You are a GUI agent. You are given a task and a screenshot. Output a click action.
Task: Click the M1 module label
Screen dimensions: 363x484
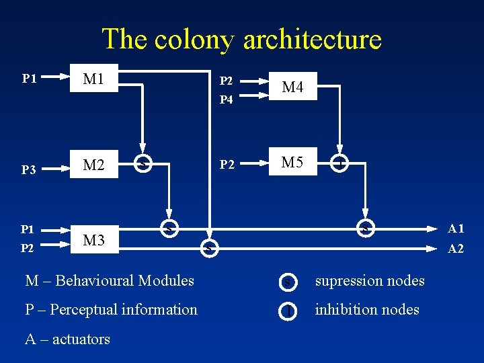click(93, 79)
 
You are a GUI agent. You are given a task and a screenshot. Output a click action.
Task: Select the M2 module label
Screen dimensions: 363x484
click(93, 165)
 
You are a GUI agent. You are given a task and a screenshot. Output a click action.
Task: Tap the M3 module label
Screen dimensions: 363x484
click(93, 239)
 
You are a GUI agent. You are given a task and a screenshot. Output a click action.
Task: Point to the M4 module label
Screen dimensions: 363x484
click(292, 87)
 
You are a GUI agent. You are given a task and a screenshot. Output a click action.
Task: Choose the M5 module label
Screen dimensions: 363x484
click(292, 163)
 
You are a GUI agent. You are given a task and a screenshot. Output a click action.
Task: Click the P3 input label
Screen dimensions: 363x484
click(28, 170)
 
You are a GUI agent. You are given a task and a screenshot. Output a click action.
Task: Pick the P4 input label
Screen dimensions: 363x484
click(226, 99)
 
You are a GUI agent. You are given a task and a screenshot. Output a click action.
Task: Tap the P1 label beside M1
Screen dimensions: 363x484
click(28, 79)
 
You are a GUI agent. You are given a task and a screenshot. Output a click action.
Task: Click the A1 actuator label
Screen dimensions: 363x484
click(456, 229)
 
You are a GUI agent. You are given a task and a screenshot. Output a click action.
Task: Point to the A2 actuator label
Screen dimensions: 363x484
click(456, 249)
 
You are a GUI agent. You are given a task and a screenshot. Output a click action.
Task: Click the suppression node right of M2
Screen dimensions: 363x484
click(142, 164)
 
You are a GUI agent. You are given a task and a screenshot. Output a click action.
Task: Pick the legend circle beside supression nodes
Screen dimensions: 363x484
click(288, 282)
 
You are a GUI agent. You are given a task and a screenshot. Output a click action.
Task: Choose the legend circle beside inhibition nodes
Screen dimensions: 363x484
click(288, 311)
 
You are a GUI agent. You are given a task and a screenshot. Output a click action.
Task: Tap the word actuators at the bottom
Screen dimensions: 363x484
click(77, 339)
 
